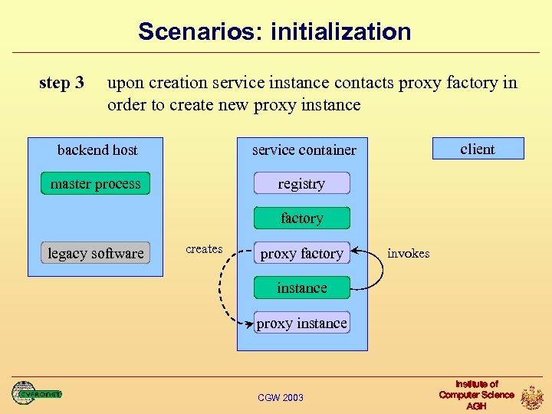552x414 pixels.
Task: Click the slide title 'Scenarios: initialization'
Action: pyautogui.click(x=274, y=32)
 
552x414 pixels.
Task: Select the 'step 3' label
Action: pyautogui.click(x=61, y=83)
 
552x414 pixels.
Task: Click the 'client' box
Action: pyautogui.click(x=478, y=149)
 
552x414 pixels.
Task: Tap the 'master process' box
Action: pyautogui.click(x=95, y=184)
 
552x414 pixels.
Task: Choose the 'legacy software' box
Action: pyautogui.click(x=95, y=253)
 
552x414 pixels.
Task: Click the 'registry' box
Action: pyautogui.click(x=302, y=184)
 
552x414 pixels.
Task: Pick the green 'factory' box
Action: pyautogui.click(x=302, y=219)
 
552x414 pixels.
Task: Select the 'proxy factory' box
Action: pyautogui.click(x=302, y=253)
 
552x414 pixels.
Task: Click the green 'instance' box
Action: pyautogui.click(x=302, y=288)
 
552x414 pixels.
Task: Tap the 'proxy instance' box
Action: pyautogui.click(x=302, y=323)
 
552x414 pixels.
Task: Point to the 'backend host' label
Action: pyautogui.click(x=97, y=149)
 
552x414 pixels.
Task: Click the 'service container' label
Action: pyautogui.click(x=304, y=149)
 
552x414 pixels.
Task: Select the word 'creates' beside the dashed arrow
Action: pyautogui.click(x=204, y=249)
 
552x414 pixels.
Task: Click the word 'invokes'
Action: pyautogui.click(x=408, y=253)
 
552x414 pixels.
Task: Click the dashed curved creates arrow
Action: pyautogui.click(x=221, y=287)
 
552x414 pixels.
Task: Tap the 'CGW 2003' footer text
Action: pyautogui.click(x=281, y=397)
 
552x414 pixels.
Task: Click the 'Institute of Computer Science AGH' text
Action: pyautogui.click(x=476, y=395)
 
